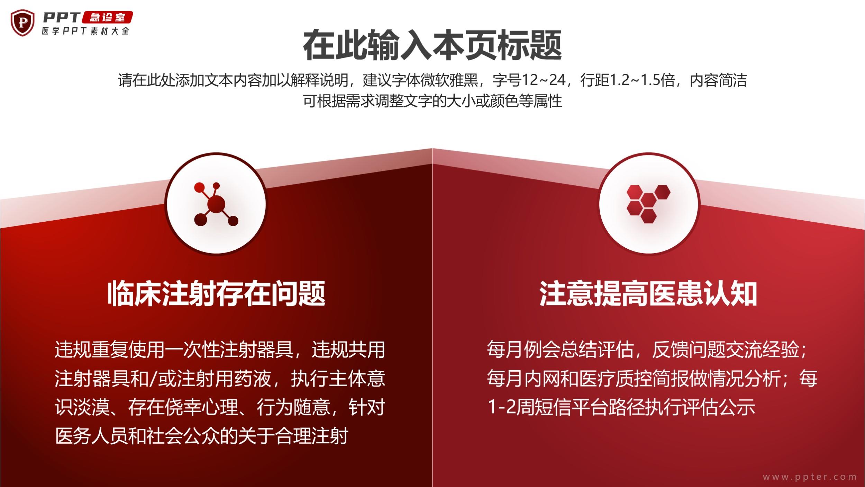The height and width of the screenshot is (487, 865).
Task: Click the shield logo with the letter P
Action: click(x=23, y=23)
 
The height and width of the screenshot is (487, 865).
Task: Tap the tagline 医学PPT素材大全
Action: click(x=85, y=31)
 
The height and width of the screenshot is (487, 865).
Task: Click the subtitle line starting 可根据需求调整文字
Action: click(x=432, y=101)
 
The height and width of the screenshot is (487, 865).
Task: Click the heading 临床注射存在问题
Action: click(x=216, y=294)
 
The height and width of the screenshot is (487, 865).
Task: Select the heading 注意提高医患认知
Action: click(x=648, y=294)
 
